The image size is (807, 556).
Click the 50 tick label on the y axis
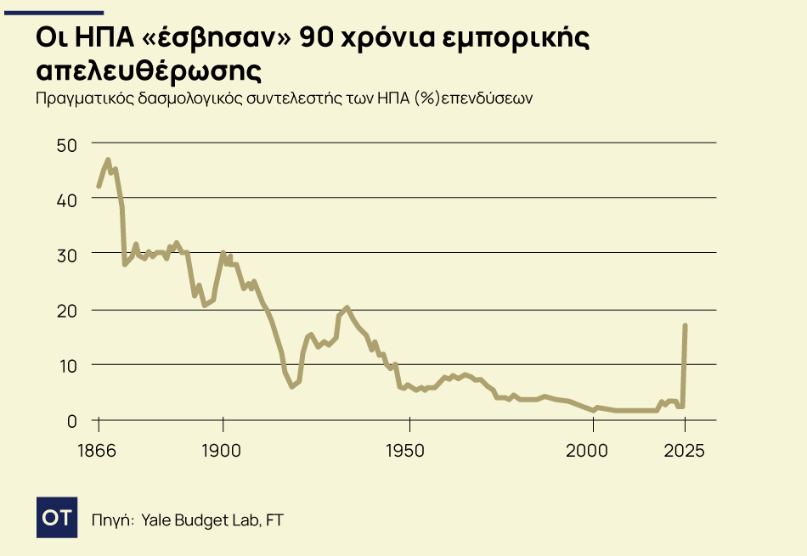(66, 144)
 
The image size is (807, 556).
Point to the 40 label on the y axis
(66, 199)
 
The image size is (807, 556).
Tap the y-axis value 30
(66, 255)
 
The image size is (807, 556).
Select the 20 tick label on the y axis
(66, 310)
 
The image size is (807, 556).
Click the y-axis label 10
(66, 365)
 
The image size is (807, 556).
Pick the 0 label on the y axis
(71, 420)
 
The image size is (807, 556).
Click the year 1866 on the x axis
(99, 450)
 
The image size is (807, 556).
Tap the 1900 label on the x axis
(223, 450)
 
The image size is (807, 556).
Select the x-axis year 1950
(409, 450)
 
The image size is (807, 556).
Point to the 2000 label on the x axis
(593, 450)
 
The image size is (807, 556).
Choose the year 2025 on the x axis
(685, 450)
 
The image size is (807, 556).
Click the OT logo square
(57, 517)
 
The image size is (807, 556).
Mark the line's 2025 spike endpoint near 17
(685, 326)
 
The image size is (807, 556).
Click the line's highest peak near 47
(108, 160)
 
